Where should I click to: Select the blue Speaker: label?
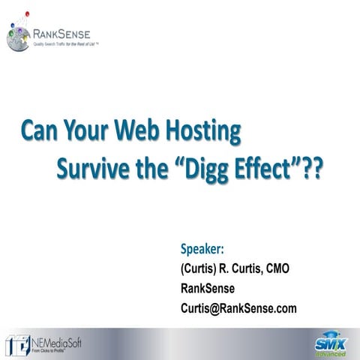tap(202, 250)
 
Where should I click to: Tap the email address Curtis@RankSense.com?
tap(238, 307)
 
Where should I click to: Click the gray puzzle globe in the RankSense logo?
tap(18, 37)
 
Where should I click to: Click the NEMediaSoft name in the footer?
tap(57, 343)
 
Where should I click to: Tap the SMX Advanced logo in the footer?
tap(328, 343)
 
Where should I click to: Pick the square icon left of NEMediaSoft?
tap(17, 344)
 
